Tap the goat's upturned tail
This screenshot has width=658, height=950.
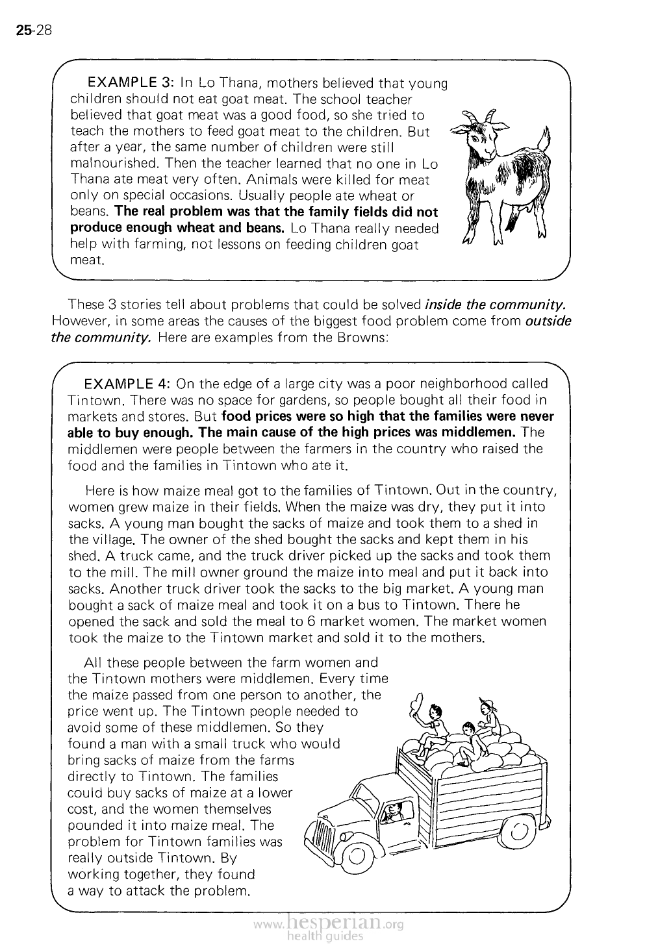pos(544,138)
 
